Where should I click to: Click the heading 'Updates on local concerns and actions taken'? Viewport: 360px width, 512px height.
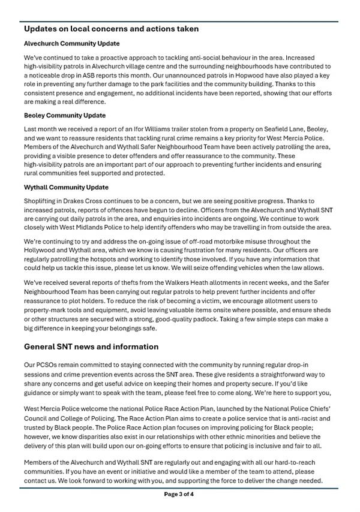pos(112,29)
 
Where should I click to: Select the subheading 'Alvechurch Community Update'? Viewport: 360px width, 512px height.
pos(72,44)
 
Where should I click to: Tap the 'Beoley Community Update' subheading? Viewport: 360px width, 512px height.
pos(65,115)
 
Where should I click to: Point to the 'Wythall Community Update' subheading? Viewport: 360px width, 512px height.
pos(67,187)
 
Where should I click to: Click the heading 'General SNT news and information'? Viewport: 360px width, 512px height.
pos(91,347)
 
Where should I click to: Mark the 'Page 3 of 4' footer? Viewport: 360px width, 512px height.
pos(179,495)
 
